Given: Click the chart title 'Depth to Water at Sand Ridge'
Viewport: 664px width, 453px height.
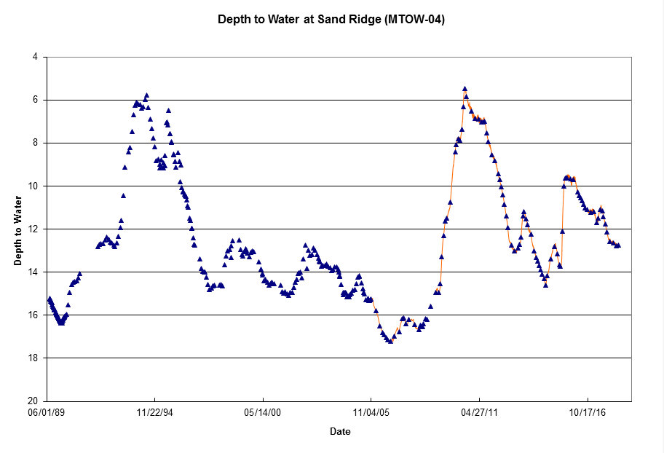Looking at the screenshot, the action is [299, 19].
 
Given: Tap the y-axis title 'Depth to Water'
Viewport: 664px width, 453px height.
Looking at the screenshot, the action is [17, 231].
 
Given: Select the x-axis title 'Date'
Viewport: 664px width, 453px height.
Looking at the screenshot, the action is [340, 431].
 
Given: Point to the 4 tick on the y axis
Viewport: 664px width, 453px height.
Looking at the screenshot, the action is [35, 57].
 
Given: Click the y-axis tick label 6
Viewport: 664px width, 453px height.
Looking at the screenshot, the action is [35, 100].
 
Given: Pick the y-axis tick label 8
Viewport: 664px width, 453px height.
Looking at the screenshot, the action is [35, 143].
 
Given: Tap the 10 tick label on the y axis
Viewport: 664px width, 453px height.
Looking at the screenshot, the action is [33, 186].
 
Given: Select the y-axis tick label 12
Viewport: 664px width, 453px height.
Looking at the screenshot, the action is [33, 229].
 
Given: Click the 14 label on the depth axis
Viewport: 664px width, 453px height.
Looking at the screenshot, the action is [33, 272].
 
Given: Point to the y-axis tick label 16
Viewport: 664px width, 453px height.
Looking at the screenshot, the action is [33, 315].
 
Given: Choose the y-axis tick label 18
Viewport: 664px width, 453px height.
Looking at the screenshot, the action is [33, 358].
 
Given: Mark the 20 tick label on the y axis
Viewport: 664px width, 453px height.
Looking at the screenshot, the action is [33, 401].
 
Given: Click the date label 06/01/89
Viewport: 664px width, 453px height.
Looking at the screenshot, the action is [47, 412].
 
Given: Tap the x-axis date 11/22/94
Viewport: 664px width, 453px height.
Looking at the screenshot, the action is [155, 412].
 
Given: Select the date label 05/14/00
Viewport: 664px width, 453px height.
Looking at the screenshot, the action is [263, 412].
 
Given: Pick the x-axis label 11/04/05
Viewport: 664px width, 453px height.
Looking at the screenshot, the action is [371, 412].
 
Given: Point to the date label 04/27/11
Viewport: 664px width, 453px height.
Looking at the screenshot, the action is [479, 412].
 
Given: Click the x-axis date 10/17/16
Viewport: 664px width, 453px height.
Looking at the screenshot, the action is [588, 412].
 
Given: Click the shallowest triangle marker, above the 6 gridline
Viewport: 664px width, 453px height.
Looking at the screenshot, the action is [465, 89].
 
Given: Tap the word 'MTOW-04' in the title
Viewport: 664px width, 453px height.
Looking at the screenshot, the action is [414, 19].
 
